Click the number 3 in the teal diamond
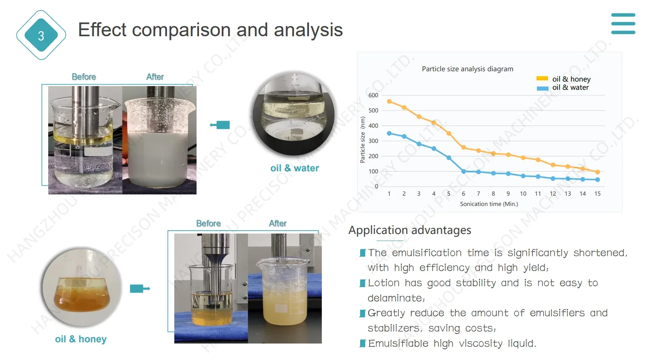click(41, 36)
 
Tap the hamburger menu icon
click(623, 24)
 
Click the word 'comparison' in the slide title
click(181, 30)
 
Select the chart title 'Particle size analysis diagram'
click(467, 69)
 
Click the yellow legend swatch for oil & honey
click(542, 79)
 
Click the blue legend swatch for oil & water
click(542, 88)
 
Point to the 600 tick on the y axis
click(373, 95)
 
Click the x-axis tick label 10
click(523, 194)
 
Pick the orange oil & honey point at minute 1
click(389, 101)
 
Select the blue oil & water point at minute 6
click(464, 171)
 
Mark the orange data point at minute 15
click(597, 172)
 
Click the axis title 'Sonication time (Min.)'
click(489, 204)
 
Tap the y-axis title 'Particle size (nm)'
click(363, 140)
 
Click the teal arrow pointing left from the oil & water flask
click(220, 125)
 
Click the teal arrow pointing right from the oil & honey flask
click(140, 288)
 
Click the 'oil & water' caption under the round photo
click(295, 168)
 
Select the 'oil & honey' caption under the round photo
click(81, 339)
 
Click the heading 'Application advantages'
click(410, 230)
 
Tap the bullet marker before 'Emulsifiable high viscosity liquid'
click(363, 344)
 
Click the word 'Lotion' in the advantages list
click(384, 283)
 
